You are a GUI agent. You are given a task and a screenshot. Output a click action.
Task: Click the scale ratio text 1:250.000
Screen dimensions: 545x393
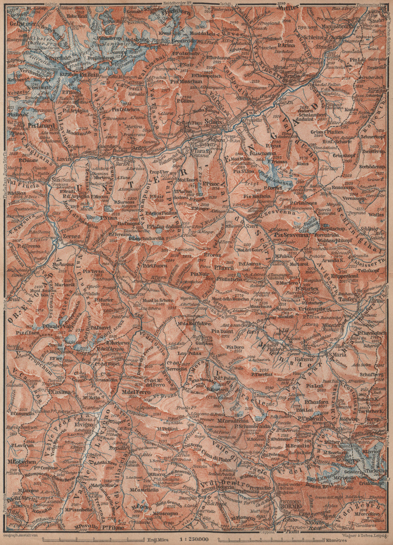point(195,540)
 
